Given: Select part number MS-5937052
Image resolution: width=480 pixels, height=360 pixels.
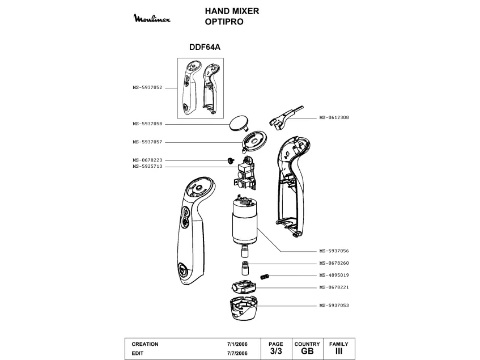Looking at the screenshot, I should (147, 88).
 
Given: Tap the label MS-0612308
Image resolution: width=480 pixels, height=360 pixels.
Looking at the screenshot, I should (334, 117).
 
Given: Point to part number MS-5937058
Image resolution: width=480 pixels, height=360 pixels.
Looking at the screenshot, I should (147, 124).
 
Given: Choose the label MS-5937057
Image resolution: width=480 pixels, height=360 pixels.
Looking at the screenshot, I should (147, 142).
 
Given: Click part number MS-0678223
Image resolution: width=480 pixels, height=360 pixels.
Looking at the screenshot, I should (147, 160).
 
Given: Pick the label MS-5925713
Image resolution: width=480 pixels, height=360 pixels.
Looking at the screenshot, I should (147, 167).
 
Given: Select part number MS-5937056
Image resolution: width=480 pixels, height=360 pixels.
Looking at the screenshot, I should (334, 251).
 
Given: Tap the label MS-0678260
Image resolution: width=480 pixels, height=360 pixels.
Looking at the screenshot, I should (334, 263).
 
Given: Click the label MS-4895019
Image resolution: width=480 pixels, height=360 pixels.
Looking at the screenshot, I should (334, 275).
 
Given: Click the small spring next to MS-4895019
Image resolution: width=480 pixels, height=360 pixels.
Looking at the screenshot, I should (264, 276).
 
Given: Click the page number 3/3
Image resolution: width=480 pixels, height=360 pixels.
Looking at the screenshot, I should (275, 351).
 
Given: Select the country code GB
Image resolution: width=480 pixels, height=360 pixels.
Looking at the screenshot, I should (307, 351).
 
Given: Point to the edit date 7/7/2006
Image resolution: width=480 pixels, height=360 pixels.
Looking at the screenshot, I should (237, 353).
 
